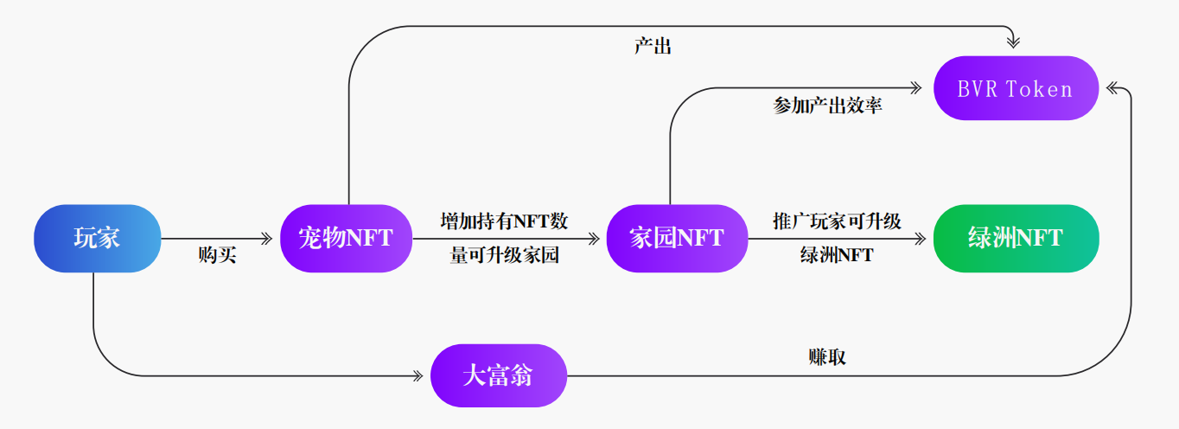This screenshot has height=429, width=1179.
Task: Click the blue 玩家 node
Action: click(x=98, y=238)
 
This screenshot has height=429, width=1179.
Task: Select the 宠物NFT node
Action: click(x=346, y=238)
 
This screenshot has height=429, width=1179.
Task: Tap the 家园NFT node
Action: click(x=677, y=238)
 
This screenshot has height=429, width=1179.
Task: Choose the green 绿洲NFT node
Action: click(x=1016, y=238)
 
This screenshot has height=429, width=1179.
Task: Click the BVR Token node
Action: click(x=1016, y=88)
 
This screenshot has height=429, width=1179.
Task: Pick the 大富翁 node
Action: click(x=499, y=375)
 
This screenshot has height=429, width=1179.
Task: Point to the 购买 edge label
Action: click(x=217, y=255)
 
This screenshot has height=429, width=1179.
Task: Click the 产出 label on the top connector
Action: click(x=653, y=47)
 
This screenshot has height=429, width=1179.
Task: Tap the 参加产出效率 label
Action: click(x=827, y=106)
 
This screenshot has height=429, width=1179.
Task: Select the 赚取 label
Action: click(x=827, y=357)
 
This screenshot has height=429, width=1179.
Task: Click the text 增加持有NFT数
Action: click(x=504, y=221)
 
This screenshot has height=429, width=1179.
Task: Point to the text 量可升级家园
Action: click(x=504, y=255)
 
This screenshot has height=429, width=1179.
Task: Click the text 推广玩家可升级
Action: click(x=837, y=221)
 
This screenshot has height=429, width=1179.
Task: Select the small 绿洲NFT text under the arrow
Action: click(x=837, y=255)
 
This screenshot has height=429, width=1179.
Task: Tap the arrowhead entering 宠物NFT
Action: click(x=267, y=238)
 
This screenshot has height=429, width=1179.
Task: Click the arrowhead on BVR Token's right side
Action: click(x=1113, y=87)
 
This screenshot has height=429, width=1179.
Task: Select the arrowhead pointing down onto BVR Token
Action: click(x=1015, y=41)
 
